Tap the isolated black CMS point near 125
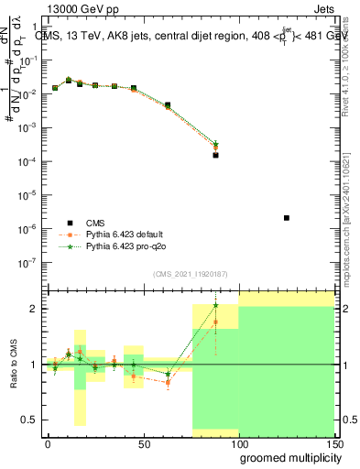pos(287,218)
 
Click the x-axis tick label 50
pos(142,443)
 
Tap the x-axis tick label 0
pos(48,443)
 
